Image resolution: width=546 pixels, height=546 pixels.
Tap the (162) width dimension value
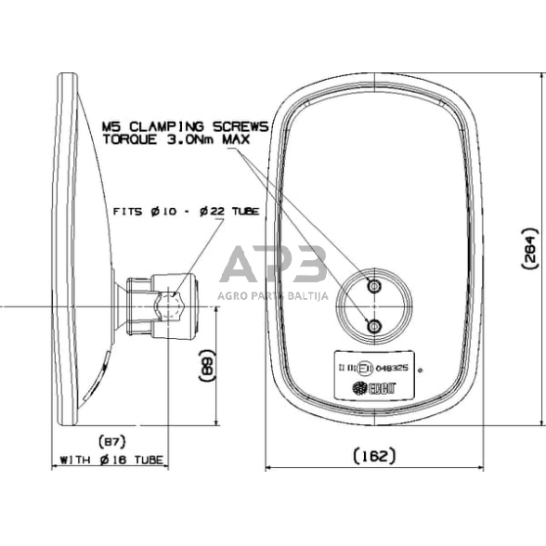tap(375, 455)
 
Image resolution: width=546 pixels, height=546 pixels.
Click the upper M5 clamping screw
tap(374, 287)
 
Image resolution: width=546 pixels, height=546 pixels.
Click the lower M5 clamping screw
tap(374, 325)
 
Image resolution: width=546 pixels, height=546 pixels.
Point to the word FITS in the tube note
tap(130, 212)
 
